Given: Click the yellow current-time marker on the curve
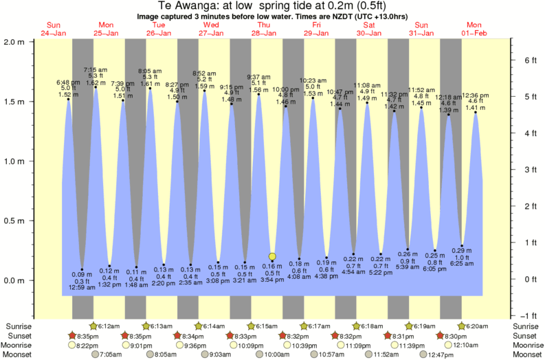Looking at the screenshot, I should pyautogui.click(x=272, y=256).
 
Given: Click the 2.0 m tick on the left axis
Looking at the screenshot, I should pyautogui.click(x=14, y=41).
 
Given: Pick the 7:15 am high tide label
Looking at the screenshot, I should pyautogui.click(x=95, y=70).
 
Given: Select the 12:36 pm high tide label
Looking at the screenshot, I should pyautogui.click(x=475, y=95).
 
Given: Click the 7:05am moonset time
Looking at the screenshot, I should pyautogui.click(x=110, y=355).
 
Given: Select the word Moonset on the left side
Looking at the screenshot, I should pyautogui.click(x=19, y=355).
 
